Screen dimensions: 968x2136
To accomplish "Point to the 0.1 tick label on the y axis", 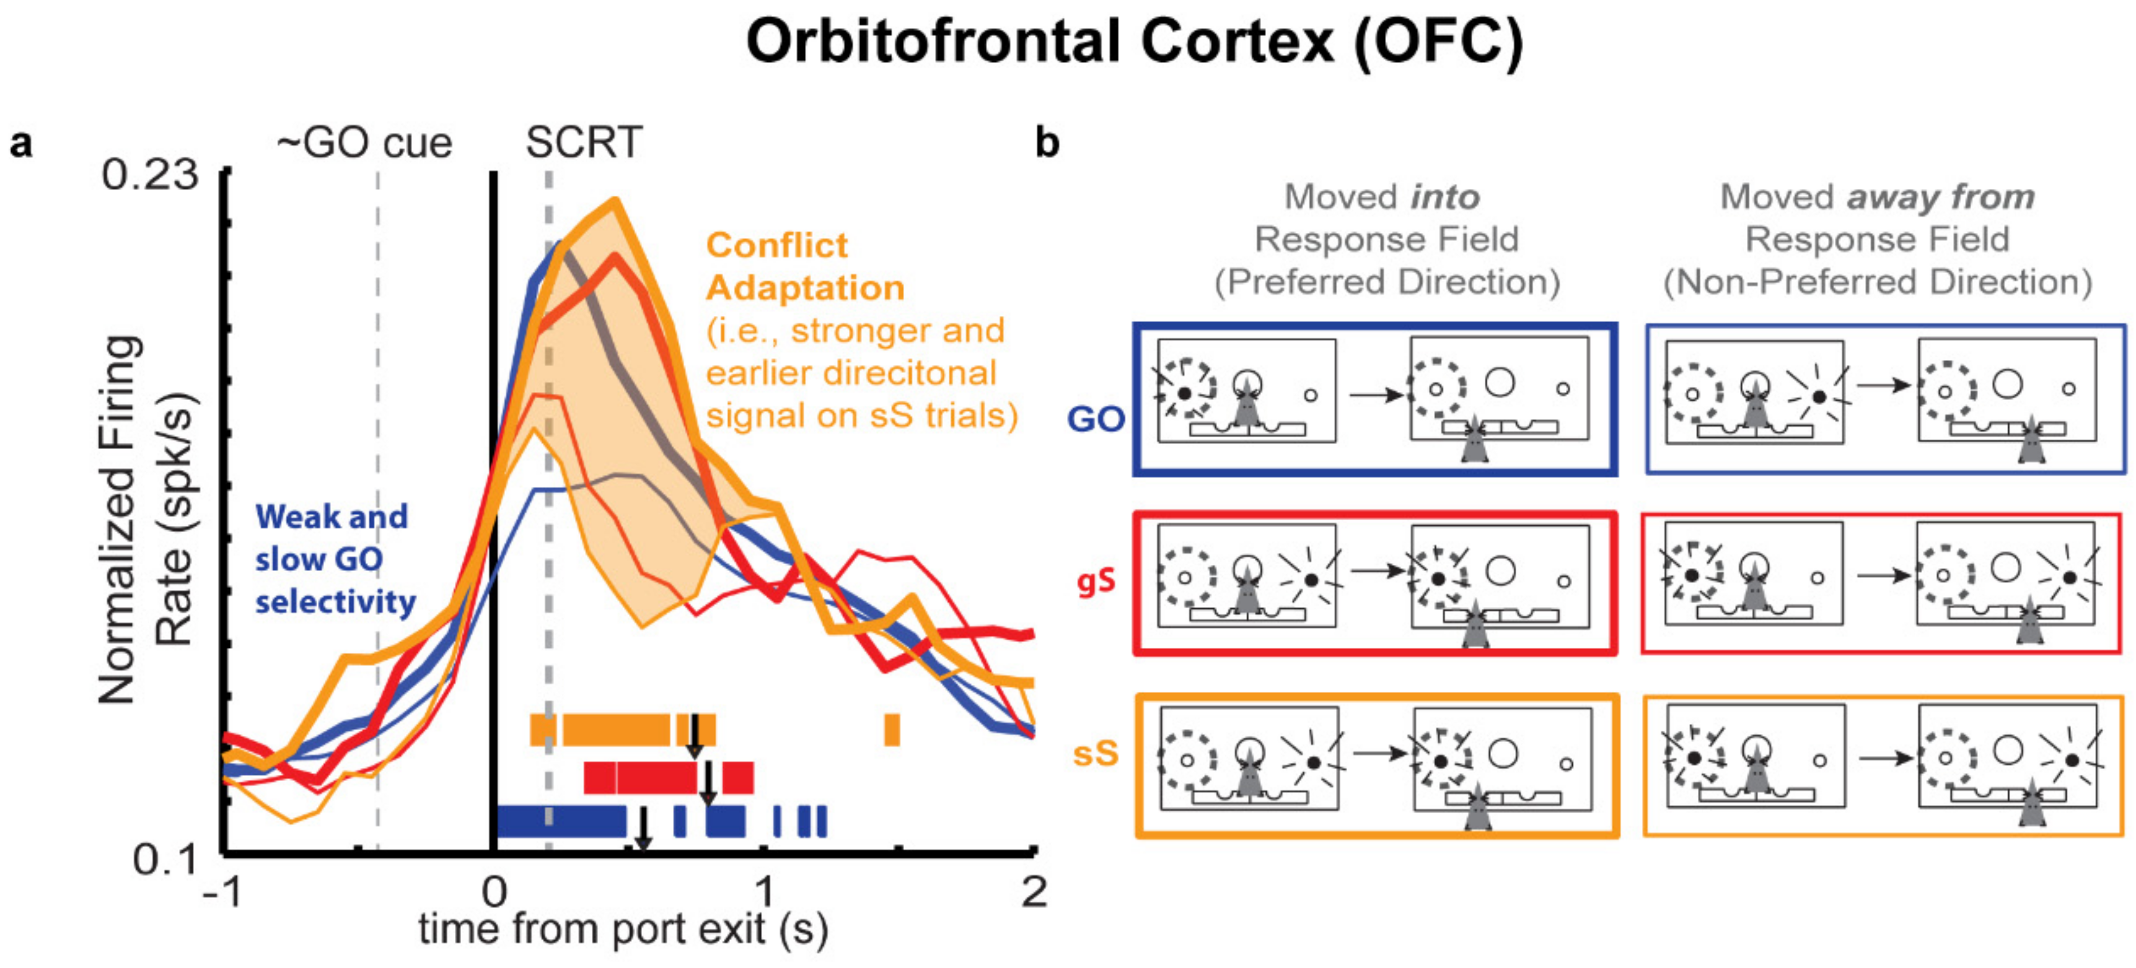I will [x=166, y=860].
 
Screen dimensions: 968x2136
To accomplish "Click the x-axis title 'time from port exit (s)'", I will [x=623, y=929].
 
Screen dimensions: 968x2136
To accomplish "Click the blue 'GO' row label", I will [x=1096, y=419].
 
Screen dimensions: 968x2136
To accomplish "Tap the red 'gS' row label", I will [x=1096, y=582].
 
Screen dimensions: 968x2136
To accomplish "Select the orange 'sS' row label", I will [x=1096, y=754].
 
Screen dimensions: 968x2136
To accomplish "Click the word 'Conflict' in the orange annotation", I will [x=777, y=245].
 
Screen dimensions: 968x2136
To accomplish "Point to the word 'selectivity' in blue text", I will [x=335, y=603].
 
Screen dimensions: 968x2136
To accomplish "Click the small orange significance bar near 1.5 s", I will [x=891, y=730].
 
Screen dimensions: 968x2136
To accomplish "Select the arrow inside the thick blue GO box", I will [x=1374, y=395].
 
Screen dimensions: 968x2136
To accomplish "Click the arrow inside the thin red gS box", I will [x=1880, y=575].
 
